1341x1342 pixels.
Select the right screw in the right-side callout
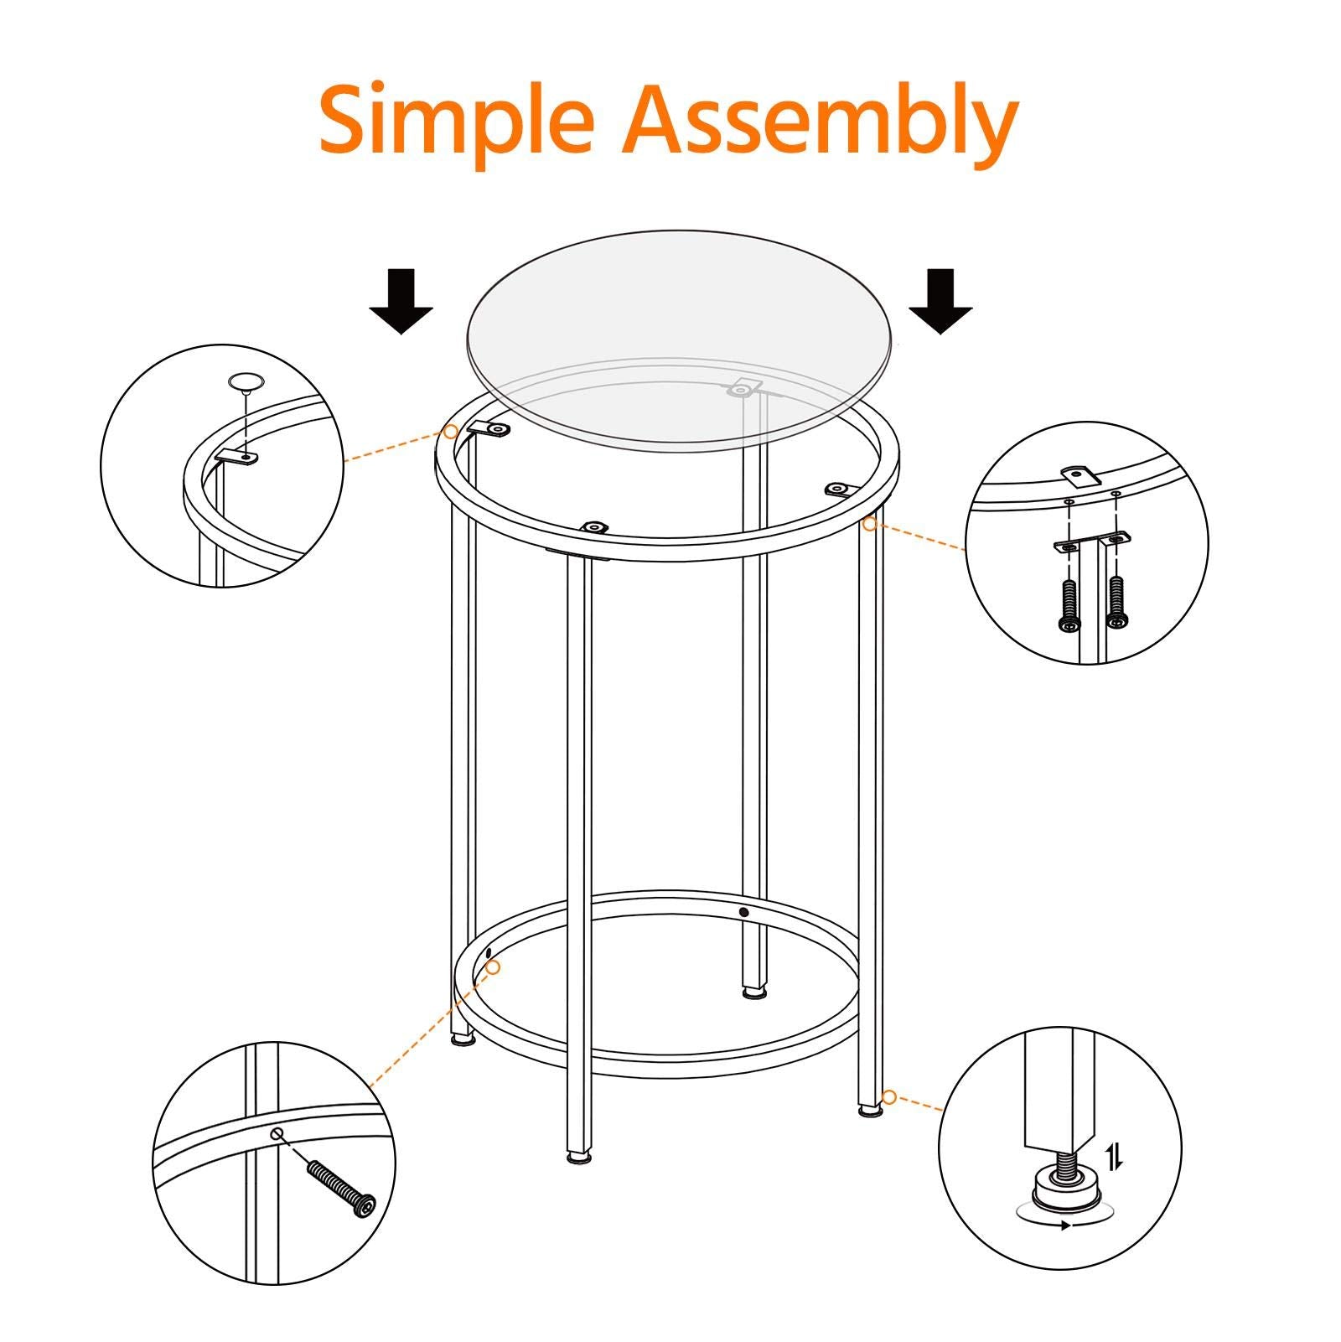1116,600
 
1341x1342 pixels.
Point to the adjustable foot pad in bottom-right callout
1062,1189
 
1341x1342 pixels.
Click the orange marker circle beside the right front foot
889,1097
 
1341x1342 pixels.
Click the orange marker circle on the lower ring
494,967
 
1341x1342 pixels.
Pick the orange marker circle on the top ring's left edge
451,433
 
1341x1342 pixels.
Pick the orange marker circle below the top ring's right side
870,524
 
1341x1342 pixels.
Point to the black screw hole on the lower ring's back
743,911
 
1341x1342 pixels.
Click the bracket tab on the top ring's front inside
593,527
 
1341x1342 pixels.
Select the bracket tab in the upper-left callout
237,458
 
